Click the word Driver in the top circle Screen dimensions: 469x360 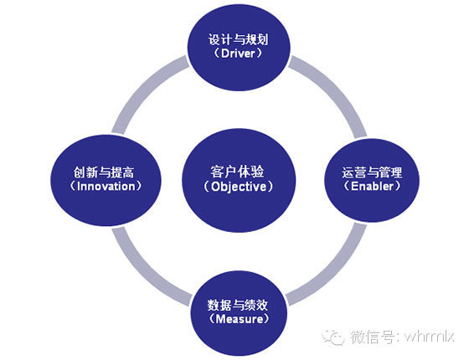238,54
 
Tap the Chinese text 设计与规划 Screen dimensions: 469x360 239,39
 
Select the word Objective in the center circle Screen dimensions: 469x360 239,187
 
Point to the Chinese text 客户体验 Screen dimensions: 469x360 237,172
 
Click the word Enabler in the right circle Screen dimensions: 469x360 372,187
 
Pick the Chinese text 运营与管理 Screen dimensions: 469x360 372,172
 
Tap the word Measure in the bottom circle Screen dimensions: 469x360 240,319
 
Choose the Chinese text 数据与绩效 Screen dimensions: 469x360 238,306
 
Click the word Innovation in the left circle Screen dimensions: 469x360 106,187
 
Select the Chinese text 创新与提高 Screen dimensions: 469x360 104,172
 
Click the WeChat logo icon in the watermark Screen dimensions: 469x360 333,337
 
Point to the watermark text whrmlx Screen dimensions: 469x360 430,337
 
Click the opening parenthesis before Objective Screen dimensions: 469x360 206,187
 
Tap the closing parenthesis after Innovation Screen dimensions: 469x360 139,187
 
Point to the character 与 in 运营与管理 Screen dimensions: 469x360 372,172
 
